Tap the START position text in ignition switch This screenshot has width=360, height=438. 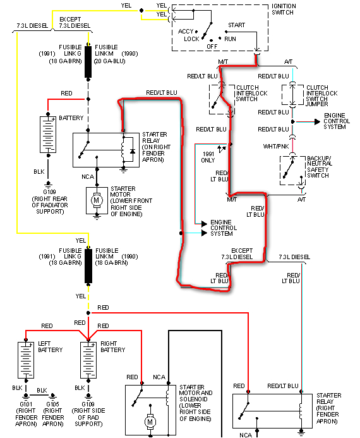[237, 25]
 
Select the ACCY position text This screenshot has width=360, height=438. [186, 31]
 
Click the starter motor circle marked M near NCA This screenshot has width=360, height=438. [97, 200]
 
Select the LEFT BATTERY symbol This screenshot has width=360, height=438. [26, 359]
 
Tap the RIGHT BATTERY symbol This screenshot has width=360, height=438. [87, 359]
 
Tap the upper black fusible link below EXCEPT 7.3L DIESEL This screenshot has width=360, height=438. [89, 61]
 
